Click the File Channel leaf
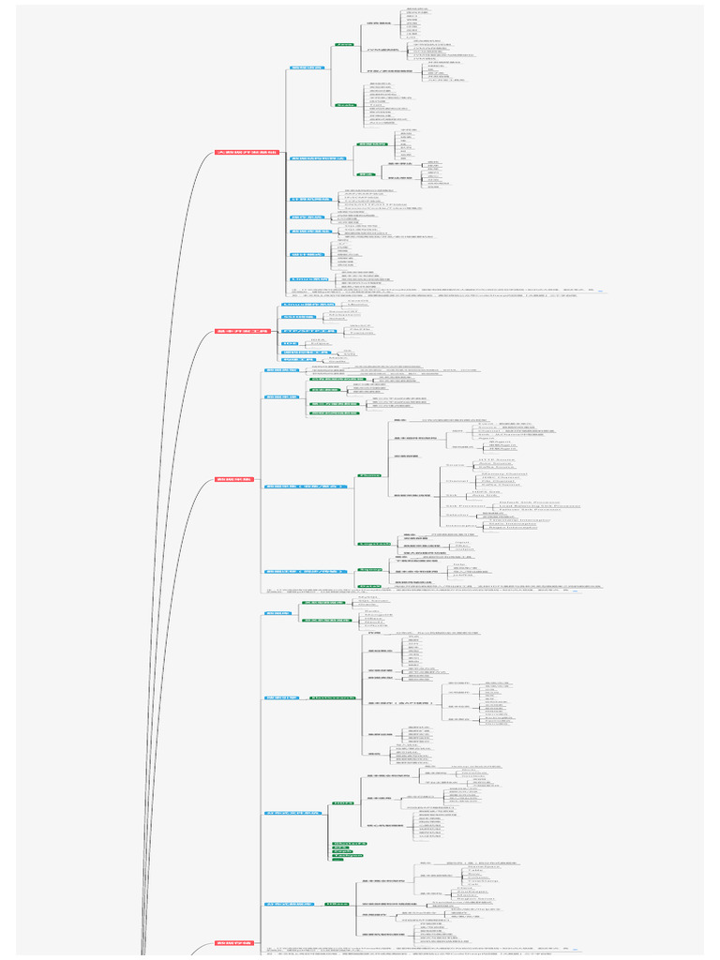pyautogui.click(x=500, y=482)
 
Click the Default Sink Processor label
pyautogui.click(x=530, y=502)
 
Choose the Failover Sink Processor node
pyautogui.click(x=530, y=510)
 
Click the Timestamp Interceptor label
pyautogui.click(x=518, y=520)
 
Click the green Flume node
pyautogui.click(x=369, y=475)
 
